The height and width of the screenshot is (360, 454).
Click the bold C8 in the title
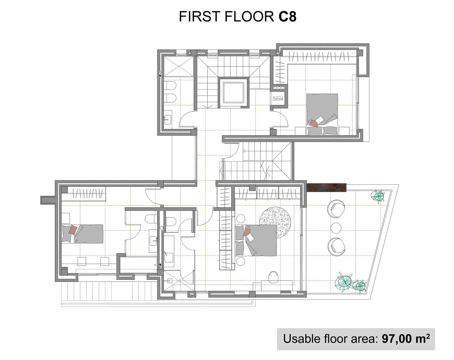pyautogui.click(x=285, y=17)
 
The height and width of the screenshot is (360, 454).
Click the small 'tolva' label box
pyautogui.click(x=278, y=98)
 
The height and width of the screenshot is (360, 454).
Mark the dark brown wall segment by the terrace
pyautogui.click(x=327, y=187)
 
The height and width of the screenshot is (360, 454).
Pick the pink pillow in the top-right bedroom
pyautogui.click(x=314, y=123)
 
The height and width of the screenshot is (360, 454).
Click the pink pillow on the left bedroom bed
pyautogui.click(x=73, y=230)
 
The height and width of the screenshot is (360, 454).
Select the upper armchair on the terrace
pyautogui.click(x=336, y=208)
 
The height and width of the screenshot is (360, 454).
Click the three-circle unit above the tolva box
pyautogui.click(x=279, y=88)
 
